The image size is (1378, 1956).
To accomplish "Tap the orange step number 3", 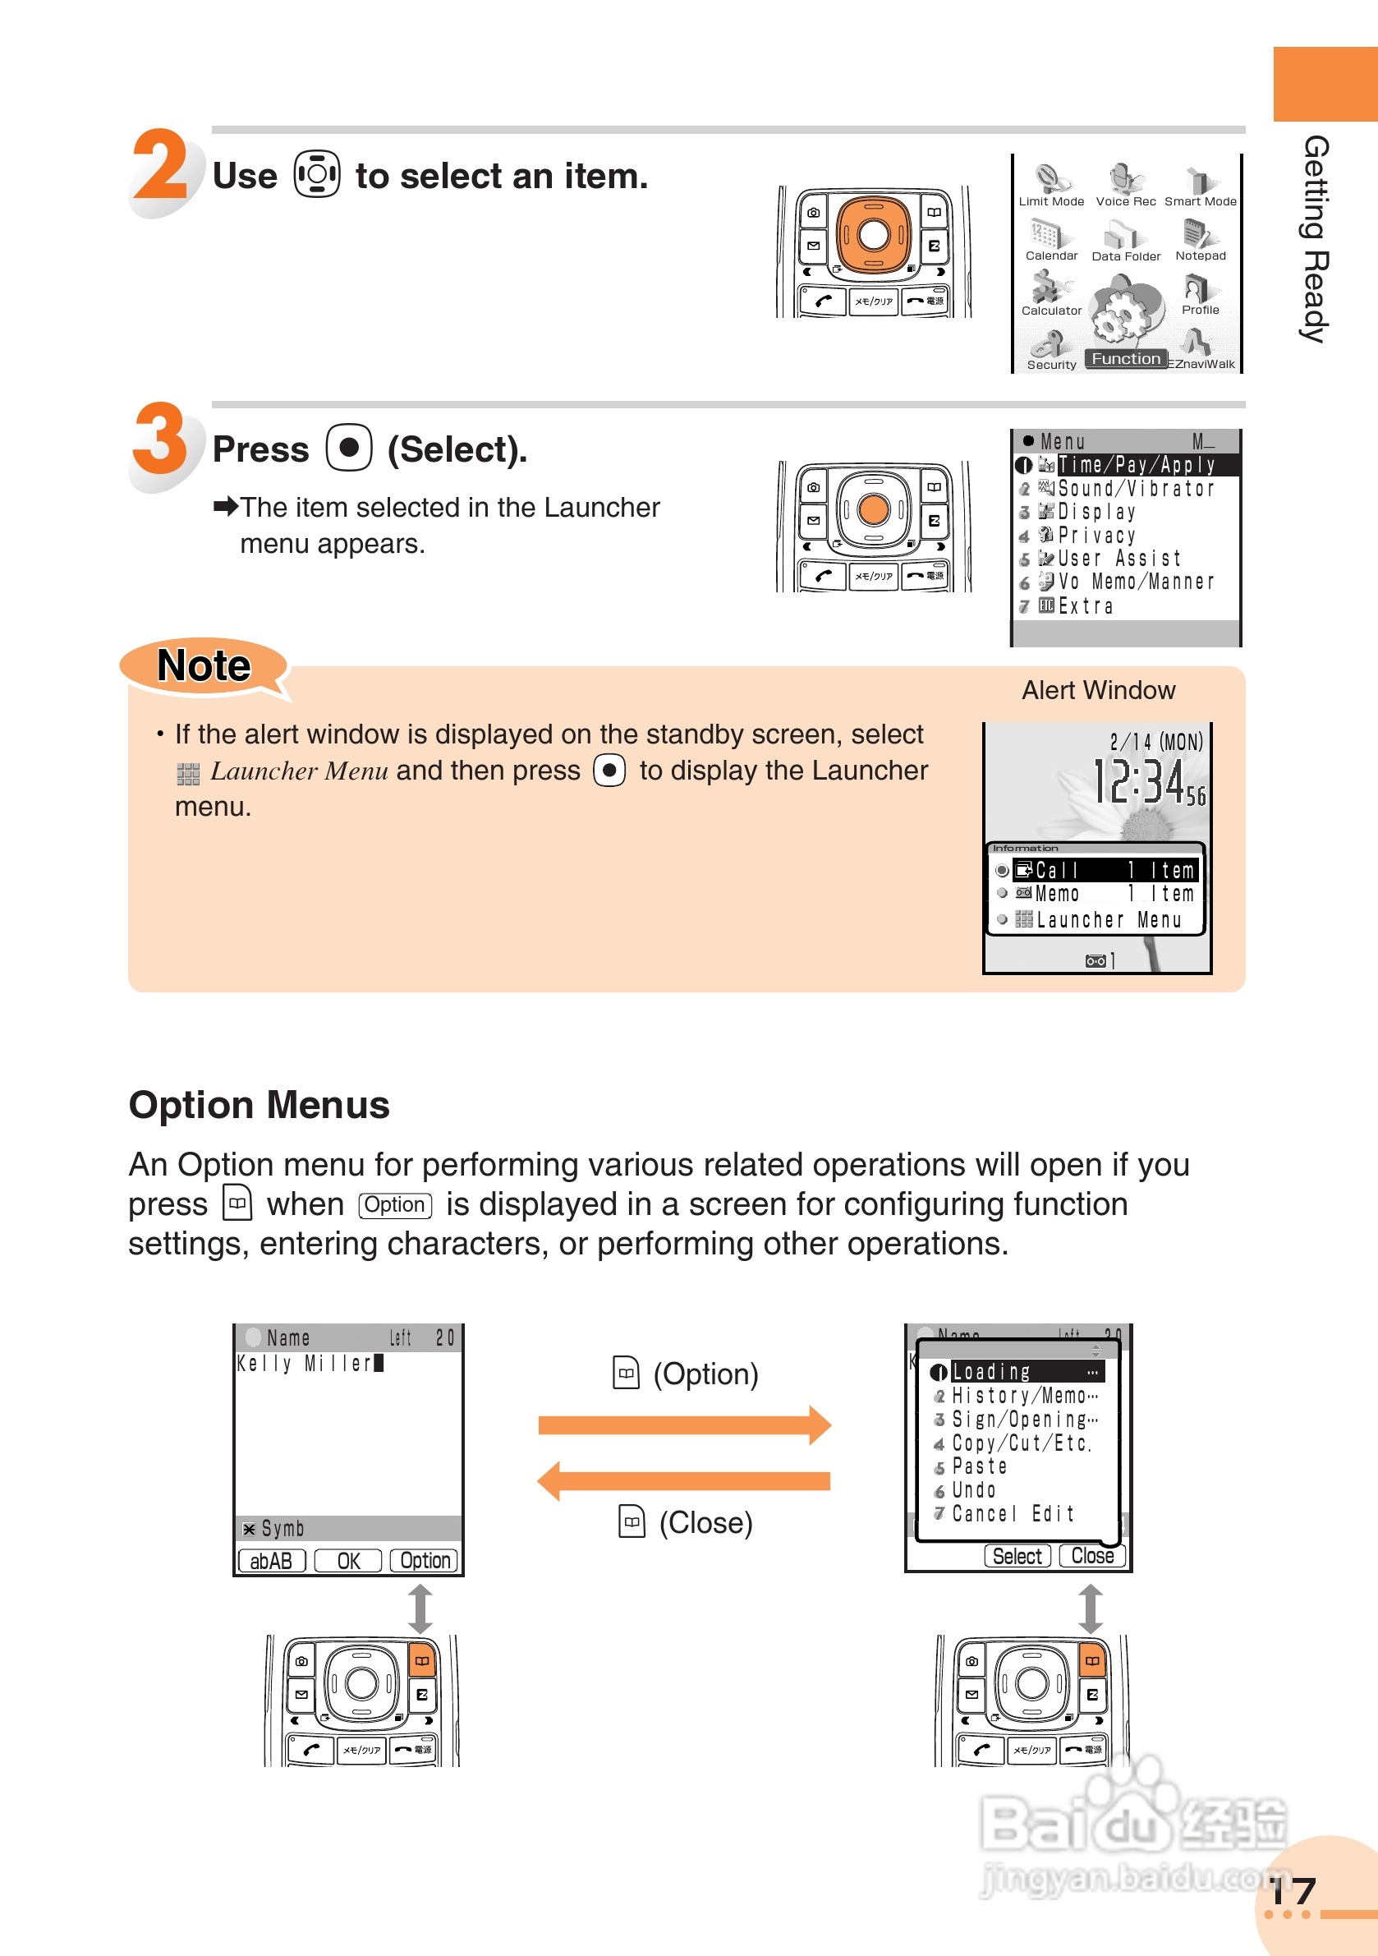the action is [x=160, y=438].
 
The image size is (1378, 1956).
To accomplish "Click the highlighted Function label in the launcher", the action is [x=1125, y=359].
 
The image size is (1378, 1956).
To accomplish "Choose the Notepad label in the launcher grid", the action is [x=1200, y=255].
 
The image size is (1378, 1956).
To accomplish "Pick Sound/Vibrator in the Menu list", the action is [x=1134, y=488].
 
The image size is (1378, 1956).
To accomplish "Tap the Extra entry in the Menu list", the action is [x=1085, y=605].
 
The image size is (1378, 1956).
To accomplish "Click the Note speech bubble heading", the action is [x=204, y=665].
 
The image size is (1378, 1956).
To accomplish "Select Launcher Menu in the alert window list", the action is [x=1108, y=919].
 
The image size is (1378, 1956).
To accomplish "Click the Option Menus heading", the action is [x=259, y=1105].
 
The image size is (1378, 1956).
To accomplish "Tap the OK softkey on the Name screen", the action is [x=347, y=1560].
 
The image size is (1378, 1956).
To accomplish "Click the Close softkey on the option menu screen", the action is [x=1092, y=1556].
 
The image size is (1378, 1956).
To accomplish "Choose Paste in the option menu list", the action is [x=980, y=1466].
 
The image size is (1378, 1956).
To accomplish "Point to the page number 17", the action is [x=1292, y=1891].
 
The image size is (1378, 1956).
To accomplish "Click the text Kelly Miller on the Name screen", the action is [x=304, y=1363].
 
